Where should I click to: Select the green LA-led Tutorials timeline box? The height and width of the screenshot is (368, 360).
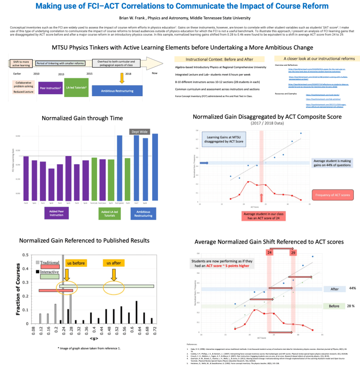(x=75, y=87)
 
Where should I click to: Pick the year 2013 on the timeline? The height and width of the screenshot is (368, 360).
(x=61, y=74)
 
